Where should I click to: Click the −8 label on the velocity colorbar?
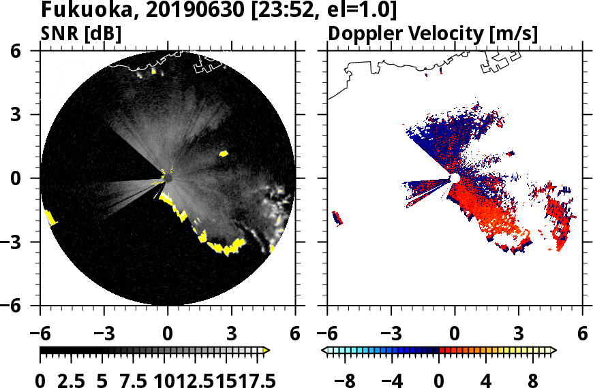[347, 379]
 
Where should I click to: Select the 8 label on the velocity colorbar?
[534, 379]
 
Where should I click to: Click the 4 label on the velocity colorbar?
[487, 379]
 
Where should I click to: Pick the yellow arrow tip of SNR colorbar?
[267, 350]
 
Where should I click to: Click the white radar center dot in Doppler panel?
[455, 178]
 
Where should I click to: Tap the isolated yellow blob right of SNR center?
[224, 154]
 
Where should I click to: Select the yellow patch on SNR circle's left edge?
[50, 218]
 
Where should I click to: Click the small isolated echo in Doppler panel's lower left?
[337, 218]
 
